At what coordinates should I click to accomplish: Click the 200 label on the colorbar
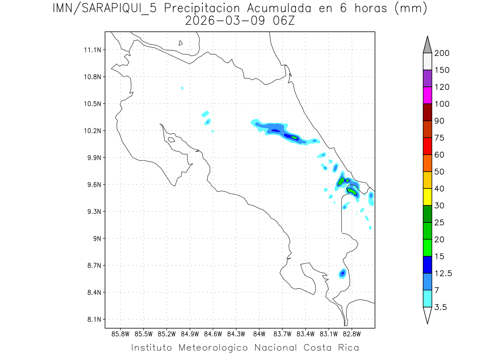[x=442, y=53]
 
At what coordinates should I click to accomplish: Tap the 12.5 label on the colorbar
[x=443, y=273]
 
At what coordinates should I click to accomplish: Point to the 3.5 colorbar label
[x=440, y=307]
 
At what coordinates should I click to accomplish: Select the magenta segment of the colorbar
[x=427, y=96]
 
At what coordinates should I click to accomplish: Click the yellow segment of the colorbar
[x=427, y=197]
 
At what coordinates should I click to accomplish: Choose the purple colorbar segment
[x=427, y=78]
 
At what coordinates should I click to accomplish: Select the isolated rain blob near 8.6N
[x=343, y=273]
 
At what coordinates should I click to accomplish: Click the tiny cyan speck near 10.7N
[x=182, y=88]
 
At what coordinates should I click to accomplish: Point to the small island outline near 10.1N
[x=171, y=140]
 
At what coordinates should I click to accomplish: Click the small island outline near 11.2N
[x=181, y=43]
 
